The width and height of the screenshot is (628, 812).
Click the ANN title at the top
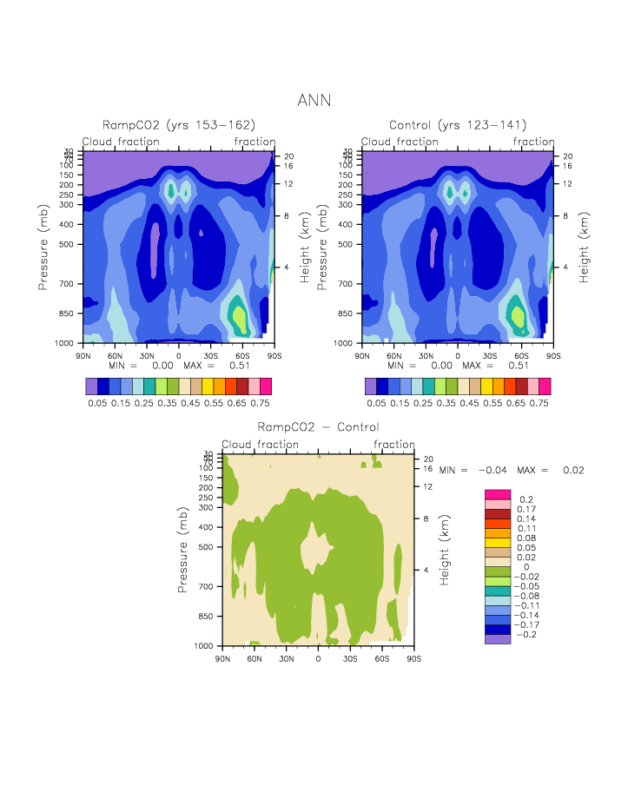[314, 101]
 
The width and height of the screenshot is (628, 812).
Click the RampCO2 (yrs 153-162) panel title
[179, 125]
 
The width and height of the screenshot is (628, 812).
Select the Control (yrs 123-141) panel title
[458, 125]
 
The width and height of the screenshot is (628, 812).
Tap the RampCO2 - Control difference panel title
[318, 427]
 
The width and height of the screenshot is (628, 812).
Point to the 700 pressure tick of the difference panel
[207, 586]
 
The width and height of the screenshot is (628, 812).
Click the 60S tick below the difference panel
[381, 659]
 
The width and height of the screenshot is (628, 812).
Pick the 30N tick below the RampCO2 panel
[147, 356]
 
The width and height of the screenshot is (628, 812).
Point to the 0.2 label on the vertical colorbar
[526, 499]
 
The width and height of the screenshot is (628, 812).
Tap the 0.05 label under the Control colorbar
[375, 404]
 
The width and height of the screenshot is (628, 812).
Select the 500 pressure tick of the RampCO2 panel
[68, 244]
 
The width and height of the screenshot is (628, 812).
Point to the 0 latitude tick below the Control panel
[458, 356]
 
